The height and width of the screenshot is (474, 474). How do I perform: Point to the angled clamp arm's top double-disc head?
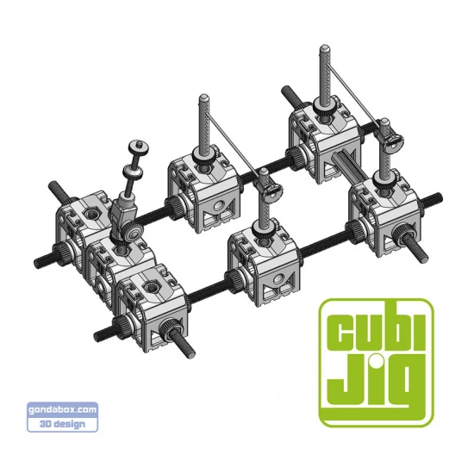(138, 150)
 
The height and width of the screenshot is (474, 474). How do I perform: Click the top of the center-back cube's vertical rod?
(205, 98)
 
